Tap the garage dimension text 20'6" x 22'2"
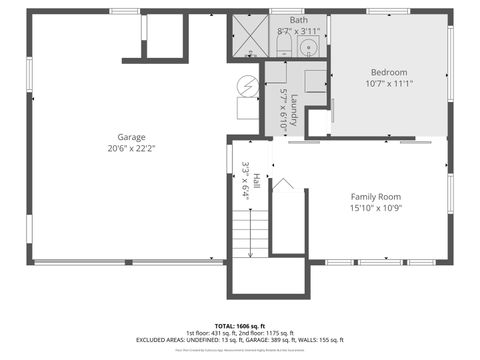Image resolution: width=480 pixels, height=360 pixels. (132, 148)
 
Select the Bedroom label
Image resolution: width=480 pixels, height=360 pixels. (389, 73)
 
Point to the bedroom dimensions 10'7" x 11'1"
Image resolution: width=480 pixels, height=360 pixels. (389, 84)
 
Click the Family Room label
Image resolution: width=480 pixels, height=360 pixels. (375, 197)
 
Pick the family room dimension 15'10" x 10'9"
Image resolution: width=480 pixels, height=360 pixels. (375, 209)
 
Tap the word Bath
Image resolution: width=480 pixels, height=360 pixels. (299, 20)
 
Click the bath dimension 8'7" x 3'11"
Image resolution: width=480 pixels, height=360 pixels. (299, 31)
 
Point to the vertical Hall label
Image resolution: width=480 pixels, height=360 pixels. (256, 180)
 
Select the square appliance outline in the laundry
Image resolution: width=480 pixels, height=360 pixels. (315, 82)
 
